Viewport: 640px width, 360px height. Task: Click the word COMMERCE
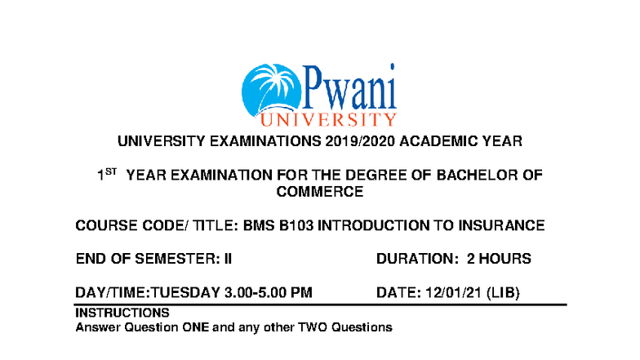(320, 192)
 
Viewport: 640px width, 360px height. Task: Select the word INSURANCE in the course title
(497, 225)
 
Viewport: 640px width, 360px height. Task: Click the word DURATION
(416, 259)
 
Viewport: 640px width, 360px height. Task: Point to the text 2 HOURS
(499, 259)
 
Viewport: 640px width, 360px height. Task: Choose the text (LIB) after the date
(503, 292)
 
